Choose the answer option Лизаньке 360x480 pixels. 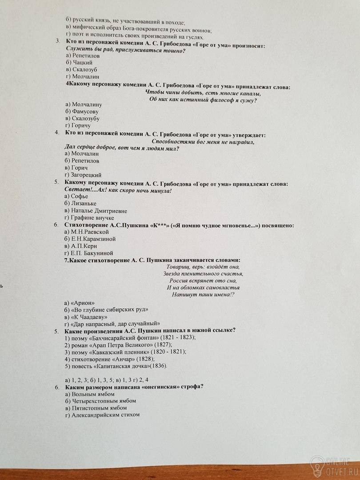pyautogui.click(x=80, y=203)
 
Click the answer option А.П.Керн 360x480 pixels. pyautogui.click(x=81, y=246)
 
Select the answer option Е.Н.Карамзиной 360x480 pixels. pyautogui.click(x=90, y=239)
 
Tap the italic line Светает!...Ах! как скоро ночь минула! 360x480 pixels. pyautogui.click(x=118, y=190)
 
